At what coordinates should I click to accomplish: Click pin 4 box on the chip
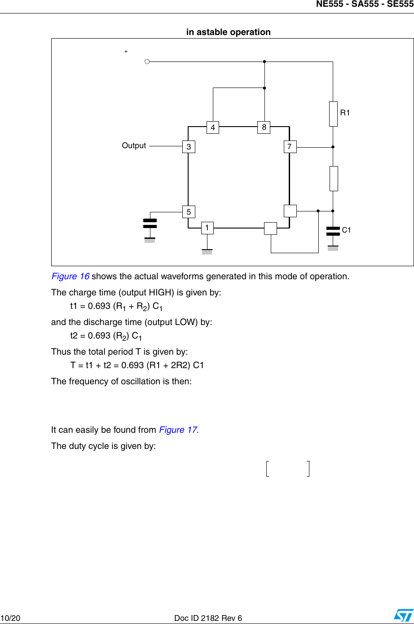213,127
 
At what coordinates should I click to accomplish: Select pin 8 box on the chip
264,127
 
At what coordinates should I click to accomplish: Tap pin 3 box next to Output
189,147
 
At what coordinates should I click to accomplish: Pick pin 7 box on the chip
290,146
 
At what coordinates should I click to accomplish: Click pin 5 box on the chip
189,212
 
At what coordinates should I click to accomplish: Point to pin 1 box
207,228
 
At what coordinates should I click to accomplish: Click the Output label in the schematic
134,145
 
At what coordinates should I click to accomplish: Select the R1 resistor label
345,113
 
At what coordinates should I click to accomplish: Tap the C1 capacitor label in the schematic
346,230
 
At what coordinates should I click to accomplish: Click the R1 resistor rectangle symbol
333,114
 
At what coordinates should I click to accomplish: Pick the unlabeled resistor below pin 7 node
333,179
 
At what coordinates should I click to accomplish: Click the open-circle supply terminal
147,62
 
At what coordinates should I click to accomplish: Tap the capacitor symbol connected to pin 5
150,224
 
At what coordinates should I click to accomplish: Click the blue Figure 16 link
70,276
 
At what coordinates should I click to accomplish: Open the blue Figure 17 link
178,430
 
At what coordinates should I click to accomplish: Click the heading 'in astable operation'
229,32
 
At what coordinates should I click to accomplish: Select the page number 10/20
10,618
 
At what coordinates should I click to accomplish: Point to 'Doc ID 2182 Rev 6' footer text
208,618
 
